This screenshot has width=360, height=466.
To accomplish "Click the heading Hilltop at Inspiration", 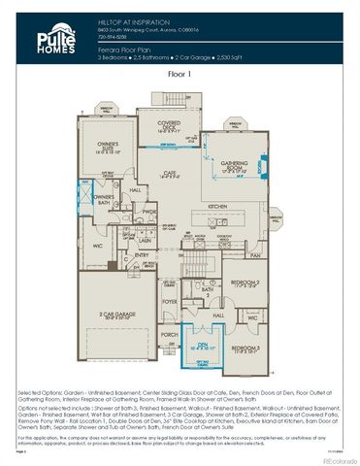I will click(125, 18).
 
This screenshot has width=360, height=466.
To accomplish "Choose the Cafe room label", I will click(171, 173).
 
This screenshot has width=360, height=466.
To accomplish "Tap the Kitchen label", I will click(217, 207).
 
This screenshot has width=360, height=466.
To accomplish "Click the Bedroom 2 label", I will click(244, 283).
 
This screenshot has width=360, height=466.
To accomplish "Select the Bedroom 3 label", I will click(245, 347).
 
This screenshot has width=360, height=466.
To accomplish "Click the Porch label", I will click(169, 335).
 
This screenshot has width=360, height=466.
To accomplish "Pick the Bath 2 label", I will click(207, 290).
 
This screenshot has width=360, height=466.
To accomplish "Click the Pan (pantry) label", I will click(255, 255).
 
